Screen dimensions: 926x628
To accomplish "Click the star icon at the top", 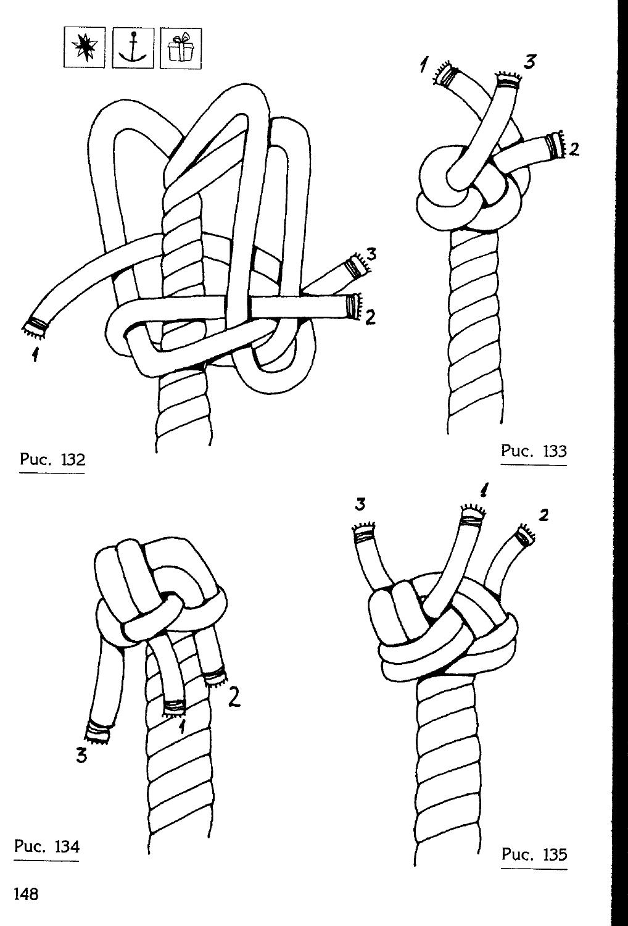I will click(85, 48).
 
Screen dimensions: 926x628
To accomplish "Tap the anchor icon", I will click(133, 48).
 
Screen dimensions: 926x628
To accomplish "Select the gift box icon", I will click(180, 48).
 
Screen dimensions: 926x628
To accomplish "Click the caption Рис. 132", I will click(51, 459).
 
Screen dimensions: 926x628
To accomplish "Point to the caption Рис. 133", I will click(533, 451).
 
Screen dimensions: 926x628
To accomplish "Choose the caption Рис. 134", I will click(47, 846).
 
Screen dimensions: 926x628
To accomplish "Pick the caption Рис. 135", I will click(534, 854).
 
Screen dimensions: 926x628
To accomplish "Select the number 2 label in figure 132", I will click(370, 317).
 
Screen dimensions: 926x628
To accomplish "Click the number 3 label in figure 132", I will click(371, 254).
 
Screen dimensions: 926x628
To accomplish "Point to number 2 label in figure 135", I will click(543, 514).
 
